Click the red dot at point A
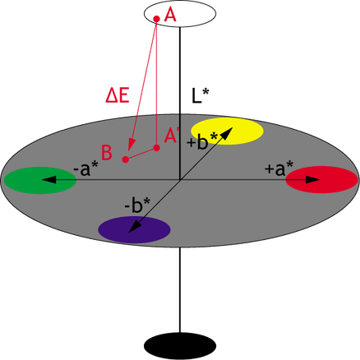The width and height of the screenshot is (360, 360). click(x=156, y=19)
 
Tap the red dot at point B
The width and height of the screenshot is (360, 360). click(x=126, y=159)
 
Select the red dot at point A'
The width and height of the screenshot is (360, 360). click(x=156, y=148)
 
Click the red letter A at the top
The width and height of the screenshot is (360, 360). click(x=170, y=16)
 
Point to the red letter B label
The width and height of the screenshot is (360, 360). click(x=107, y=153)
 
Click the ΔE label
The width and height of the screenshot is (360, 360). click(x=118, y=96)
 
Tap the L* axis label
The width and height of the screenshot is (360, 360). click(x=200, y=96)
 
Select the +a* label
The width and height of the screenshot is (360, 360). click(x=279, y=168)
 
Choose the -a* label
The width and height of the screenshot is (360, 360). click(x=85, y=168)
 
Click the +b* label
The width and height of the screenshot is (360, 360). click(x=201, y=142)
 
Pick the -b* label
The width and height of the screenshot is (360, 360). click(x=137, y=205)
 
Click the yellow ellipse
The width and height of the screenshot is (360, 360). click(x=227, y=131)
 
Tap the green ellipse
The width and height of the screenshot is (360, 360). click(x=39, y=180)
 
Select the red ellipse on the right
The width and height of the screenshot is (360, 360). click(x=321, y=180)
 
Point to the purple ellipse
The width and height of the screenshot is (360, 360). click(x=134, y=229)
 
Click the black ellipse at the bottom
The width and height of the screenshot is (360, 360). click(x=180, y=346)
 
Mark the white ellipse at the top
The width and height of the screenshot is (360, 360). click(x=180, y=13)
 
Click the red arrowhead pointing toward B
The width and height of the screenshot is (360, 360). click(x=132, y=145)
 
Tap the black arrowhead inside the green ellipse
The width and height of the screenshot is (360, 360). click(x=49, y=180)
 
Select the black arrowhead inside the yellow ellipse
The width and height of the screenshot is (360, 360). click(x=226, y=133)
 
